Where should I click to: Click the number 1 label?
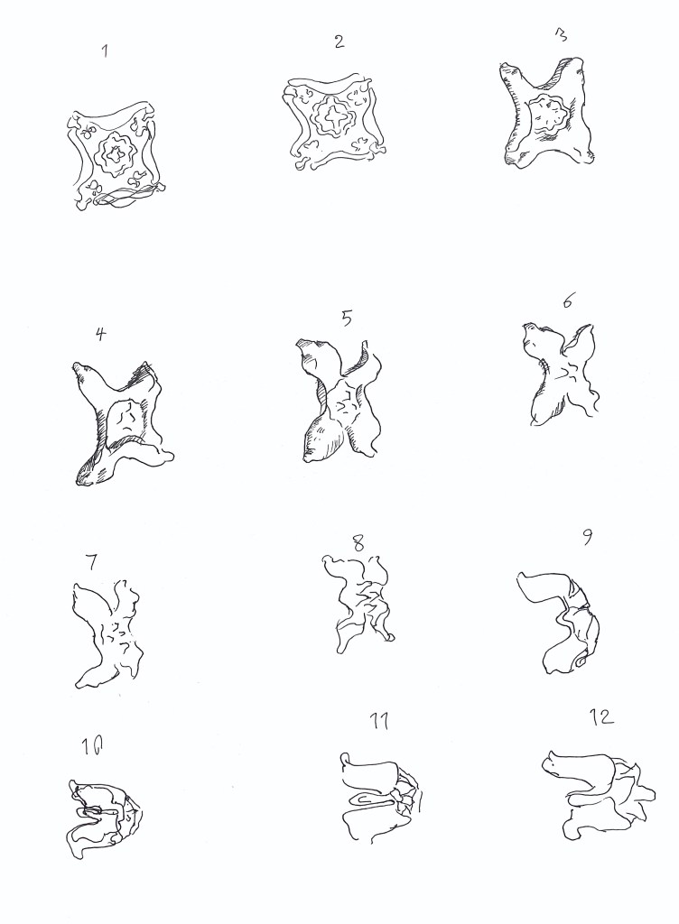[105, 51]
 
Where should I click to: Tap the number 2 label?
[339, 42]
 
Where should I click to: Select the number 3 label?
[561, 35]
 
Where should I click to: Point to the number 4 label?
[101, 334]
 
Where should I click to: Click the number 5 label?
[347, 319]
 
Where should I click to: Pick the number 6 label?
[567, 300]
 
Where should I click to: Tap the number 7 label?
[91, 563]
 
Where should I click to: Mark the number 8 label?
[358, 542]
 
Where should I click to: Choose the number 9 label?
[587, 538]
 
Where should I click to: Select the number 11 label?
[379, 721]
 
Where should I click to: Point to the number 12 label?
[601, 716]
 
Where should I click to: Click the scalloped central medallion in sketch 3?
[548, 115]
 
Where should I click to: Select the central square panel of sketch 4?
[127, 420]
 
